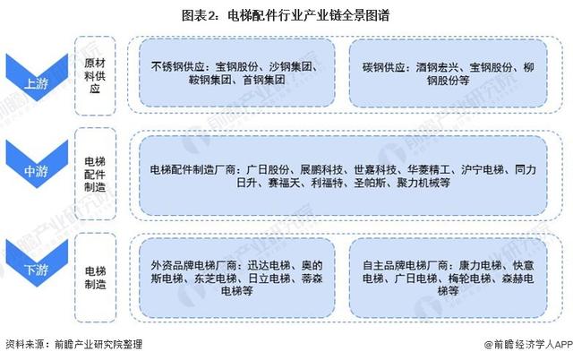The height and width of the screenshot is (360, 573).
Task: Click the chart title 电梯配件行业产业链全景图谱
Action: [x=309, y=16]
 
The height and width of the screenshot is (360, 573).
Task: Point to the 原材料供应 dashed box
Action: [x=95, y=75]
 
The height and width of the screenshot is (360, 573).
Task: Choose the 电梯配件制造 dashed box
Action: [x=95, y=174]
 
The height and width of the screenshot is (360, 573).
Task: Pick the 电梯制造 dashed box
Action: [x=95, y=278]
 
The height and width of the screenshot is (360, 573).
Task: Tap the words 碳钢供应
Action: [x=384, y=68]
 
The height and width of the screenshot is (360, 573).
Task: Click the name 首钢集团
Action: [x=264, y=80]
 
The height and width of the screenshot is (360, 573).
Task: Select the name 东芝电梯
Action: [x=215, y=279]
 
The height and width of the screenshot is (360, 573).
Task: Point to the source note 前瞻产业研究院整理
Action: [x=98, y=344]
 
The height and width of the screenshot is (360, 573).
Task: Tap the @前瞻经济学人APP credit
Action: [x=528, y=344]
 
